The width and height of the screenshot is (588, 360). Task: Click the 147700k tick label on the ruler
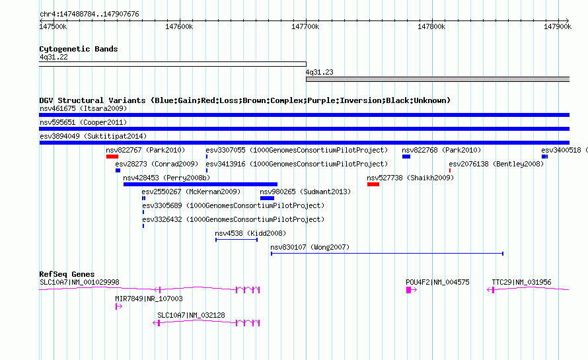pyautogui.click(x=305, y=26)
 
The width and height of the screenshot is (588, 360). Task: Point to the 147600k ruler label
pyautogui.click(x=179, y=26)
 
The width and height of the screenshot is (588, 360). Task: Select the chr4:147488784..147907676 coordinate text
pyautogui.click(x=89, y=14)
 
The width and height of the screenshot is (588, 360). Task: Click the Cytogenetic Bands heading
pyautogui.click(x=79, y=49)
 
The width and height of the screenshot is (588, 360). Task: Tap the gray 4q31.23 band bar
pyautogui.click(x=437, y=79)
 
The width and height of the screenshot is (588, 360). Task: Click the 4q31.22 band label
pyautogui.click(x=54, y=57)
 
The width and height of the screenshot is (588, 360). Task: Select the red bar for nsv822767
pyautogui.click(x=112, y=157)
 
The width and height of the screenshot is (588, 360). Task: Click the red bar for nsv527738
pyautogui.click(x=373, y=184)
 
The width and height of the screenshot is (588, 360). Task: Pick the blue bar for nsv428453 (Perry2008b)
pyautogui.click(x=200, y=184)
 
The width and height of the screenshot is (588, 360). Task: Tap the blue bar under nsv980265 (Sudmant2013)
pyautogui.click(x=267, y=198)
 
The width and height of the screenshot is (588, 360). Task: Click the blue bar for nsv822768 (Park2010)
pyautogui.click(x=406, y=157)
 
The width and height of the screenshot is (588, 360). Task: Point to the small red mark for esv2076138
pyautogui.click(x=450, y=170)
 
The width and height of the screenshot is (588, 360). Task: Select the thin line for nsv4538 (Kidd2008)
pyautogui.click(x=237, y=240)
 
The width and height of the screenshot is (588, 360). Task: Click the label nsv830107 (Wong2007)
pyautogui.click(x=310, y=247)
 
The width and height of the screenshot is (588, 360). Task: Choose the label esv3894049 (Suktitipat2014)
pyautogui.click(x=93, y=136)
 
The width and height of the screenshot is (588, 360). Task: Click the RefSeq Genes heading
pyautogui.click(x=67, y=274)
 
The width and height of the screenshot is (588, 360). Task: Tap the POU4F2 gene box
pyautogui.click(x=409, y=290)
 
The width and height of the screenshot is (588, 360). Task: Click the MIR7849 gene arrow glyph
pyautogui.click(x=119, y=306)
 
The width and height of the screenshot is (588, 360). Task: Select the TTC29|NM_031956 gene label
pyautogui.click(x=522, y=282)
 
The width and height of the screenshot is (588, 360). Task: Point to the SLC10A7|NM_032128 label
pyautogui.click(x=191, y=315)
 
